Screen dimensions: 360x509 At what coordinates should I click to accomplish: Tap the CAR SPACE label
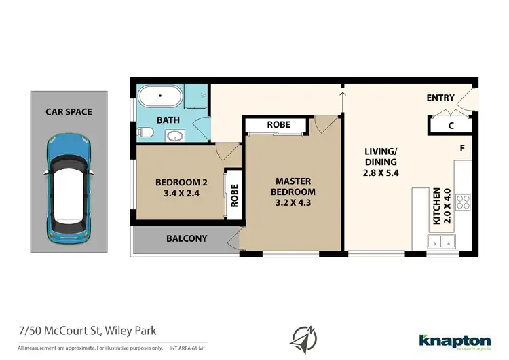pos(69,111)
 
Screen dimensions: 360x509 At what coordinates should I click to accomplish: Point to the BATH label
pos(168,120)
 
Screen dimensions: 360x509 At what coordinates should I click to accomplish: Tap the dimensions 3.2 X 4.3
pos(293,202)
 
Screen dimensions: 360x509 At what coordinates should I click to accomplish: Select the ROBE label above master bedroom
pos(278,125)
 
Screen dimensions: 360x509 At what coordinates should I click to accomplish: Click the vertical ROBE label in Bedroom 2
pos(235,197)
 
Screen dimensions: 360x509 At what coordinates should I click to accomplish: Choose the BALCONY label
pos(187,238)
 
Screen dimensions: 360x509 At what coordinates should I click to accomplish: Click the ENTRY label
pos(440,98)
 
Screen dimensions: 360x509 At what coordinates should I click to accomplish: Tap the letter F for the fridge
pos(462,148)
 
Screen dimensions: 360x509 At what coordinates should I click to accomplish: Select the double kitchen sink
pos(440,240)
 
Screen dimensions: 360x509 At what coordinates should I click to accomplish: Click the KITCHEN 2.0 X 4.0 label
pos(441,206)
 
